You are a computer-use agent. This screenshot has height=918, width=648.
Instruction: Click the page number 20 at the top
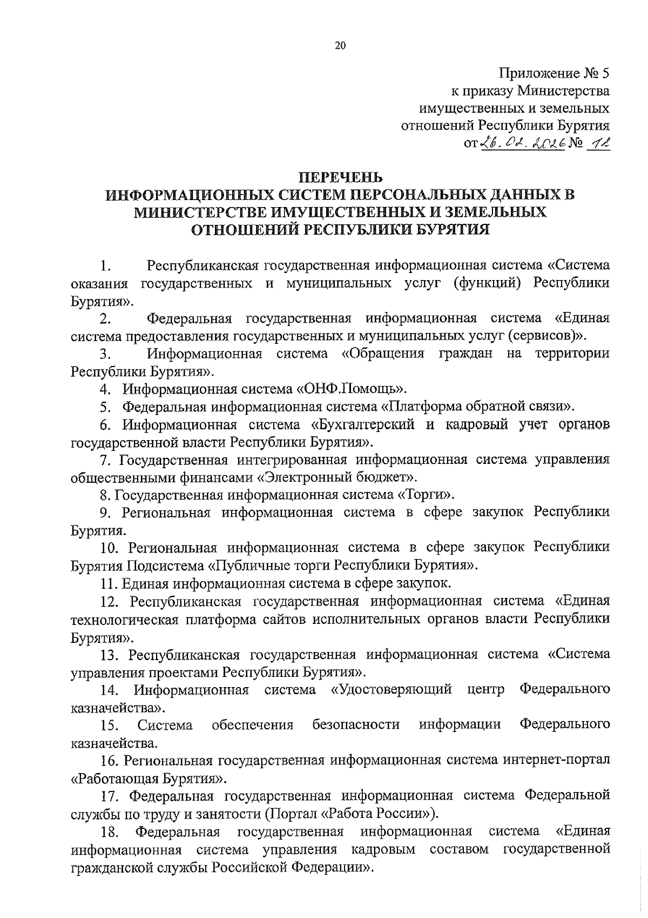click(339, 46)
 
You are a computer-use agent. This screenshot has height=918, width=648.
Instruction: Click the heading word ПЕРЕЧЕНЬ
click(340, 177)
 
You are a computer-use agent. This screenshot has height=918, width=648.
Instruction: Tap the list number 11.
click(109, 583)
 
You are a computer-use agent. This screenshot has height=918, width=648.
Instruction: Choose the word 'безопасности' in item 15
click(356, 724)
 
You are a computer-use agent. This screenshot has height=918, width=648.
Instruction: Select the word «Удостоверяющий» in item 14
click(391, 689)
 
